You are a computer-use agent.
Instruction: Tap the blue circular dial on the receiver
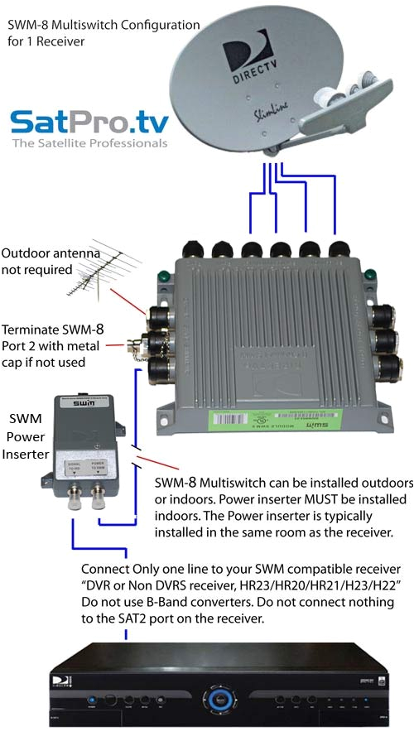coord(219,694)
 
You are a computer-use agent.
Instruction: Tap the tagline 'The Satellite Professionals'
coord(89,143)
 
